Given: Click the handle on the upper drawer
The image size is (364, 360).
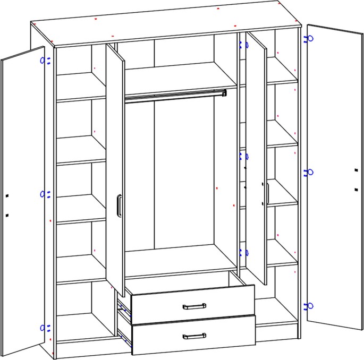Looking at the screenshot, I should coord(194,306).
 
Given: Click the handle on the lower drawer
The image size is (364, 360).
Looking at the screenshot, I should coord(194,336).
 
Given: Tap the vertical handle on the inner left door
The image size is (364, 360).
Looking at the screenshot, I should coord(120,206).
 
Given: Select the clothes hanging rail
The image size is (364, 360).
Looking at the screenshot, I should coord(175,96).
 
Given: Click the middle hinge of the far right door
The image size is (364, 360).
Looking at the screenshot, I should coord(310,172).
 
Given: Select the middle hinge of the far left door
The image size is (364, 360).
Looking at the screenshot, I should coord(45,194).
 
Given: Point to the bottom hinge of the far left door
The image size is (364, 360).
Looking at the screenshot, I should coord(45,328).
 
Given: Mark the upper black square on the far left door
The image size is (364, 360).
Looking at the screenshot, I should coord(7,196).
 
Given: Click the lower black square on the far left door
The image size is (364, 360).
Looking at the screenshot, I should coord(7,215).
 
